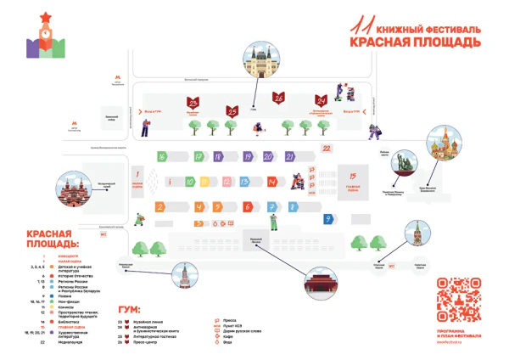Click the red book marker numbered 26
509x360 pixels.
click(x=277, y=98)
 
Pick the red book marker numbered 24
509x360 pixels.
click(x=321, y=101)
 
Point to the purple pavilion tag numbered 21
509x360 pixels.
click(x=291, y=156)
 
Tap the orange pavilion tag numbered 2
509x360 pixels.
click(x=160, y=207)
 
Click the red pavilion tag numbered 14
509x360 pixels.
click(x=271, y=182)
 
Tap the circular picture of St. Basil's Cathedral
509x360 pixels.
click(x=446, y=145)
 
